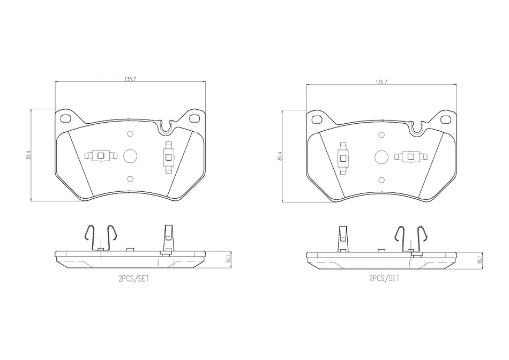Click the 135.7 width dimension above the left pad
pyautogui.click(x=130, y=79)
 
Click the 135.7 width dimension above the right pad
pyautogui.click(x=381, y=82)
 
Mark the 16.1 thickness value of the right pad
pyautogui.click(x=479, y=260)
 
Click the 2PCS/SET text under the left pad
pyautogui.click(x=132, y=279)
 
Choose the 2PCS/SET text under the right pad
pyautogui.click(x=384, y=279)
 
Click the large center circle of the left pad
pyautogui.click(x=130, y=156)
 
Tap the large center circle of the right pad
pyautogui.click(x=381, y=156)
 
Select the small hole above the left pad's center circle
pyautogui.click(x=130, y=134)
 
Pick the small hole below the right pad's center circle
pyautogui.click(x=381, y=179)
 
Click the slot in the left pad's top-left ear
pyautogui.click(x=66, y=118)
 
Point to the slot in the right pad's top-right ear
pyautogui.click(x=445, y=119)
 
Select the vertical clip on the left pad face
pyautogui.click(x=168, y=156)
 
